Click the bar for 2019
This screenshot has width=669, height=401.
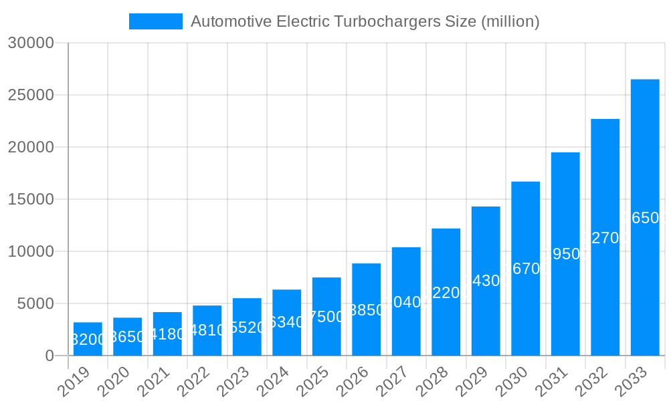coord(88,339)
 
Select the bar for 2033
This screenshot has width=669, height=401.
coord(645,217)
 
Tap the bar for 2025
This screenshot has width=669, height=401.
coord(326,316)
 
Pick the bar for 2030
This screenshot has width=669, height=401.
coord(526,269)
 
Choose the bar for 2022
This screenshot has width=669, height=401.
coord(207,330)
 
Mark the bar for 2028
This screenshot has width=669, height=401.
coord(446,292)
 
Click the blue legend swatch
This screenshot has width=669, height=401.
coord(156,21)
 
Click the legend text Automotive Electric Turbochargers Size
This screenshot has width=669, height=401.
coord(365,21)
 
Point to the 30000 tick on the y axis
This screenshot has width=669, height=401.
coord(30,43)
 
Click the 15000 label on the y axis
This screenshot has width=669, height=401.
coord(30,199)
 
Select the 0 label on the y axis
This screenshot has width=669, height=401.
coord(49,356)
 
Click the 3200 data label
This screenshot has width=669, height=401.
coord(88,340)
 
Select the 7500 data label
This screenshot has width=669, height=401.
coord(326,317)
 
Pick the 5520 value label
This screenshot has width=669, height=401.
coord(247,327)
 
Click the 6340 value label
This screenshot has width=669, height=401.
coord(286,322)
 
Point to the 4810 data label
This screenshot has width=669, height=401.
coord(207,330)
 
